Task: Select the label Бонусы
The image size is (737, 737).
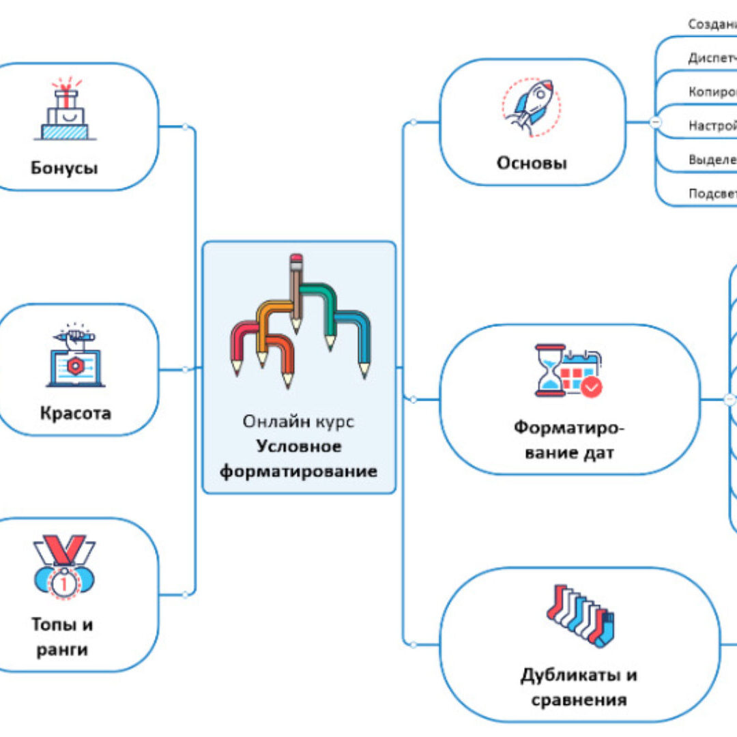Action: click(x=64, y=168)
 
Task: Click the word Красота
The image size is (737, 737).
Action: click(x=75, y=414)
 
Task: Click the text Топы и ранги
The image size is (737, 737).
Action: click(x=62, y=636)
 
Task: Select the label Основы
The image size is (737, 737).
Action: click(x=532, y=164)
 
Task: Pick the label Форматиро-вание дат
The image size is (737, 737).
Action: click(x=568, y=439)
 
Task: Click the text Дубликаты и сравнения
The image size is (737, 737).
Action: click(x=579, y=687)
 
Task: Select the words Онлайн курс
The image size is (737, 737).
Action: click(x=298, y=422)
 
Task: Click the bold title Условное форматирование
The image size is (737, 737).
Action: click(x=299, y=459)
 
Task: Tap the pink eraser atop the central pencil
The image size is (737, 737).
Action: click(x=295, y=259)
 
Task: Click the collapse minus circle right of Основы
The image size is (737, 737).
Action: click(x=655, y=122)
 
